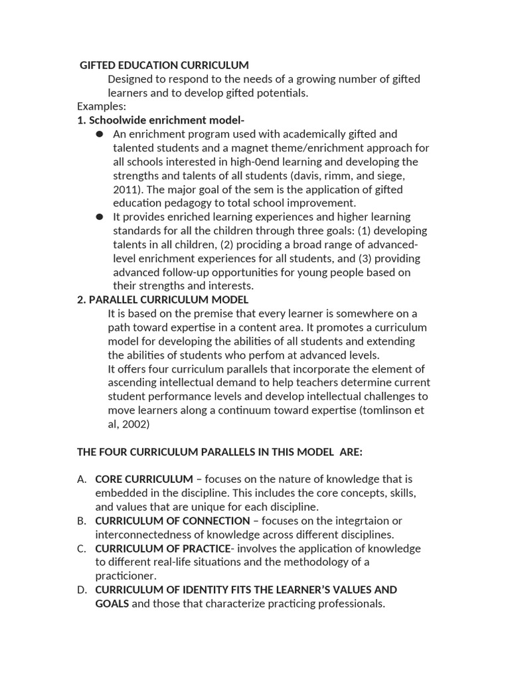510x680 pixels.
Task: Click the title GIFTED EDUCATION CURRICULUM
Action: point(164,65)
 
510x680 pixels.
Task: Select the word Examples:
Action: point(102,106)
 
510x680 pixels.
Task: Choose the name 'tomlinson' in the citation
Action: point(390,410)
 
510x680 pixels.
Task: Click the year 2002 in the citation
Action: point(136,424)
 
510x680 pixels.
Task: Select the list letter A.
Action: point(81,479)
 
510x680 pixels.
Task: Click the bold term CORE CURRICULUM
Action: point(144,479)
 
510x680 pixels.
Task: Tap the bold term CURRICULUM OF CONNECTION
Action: point(173,521)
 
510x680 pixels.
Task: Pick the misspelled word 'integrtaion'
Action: point(364,521)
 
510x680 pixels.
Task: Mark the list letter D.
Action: point(81,590)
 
